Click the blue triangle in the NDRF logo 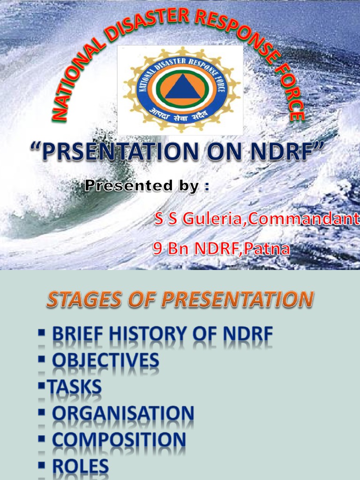pyautogui.click(x=180, y=88)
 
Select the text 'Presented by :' pyautogui.click(x=147, y=186)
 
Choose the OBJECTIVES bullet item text pyautogui.click(x=105, y=360)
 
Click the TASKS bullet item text pyautogui.click(x=77, y=387)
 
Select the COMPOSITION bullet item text pyautogui.click(x=119, y=440)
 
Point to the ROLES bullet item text pyautogui.click(x=80, y=467)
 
